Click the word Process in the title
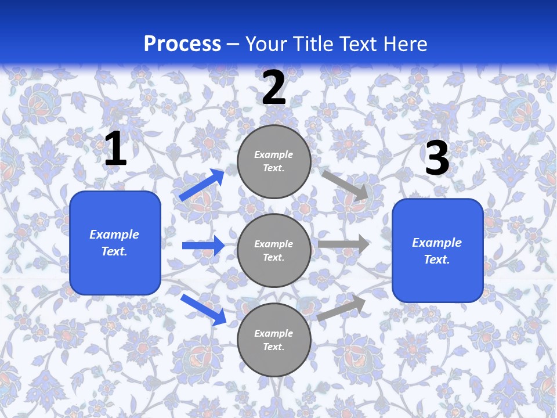tap(182, 44)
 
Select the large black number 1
tap(115, 149)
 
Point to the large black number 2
tap(274, 88)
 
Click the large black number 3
tap(437, 158)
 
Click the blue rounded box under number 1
tap(115, 243)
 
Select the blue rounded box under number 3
tap(437, 251)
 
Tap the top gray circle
tap(274, 161)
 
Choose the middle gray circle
tap(274, 251)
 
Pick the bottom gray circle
tap(274, 340)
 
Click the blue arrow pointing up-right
tap(202, 185)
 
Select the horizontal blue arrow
tap(203, 246)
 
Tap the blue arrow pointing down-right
tap(203, 309)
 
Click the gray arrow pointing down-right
tap(345, 185)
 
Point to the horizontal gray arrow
tap(343, 244)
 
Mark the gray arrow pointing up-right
tap(342, 308)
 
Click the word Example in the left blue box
tap(114, 235)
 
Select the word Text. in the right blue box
tap(437, 260)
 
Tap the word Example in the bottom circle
tap(274, 333)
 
